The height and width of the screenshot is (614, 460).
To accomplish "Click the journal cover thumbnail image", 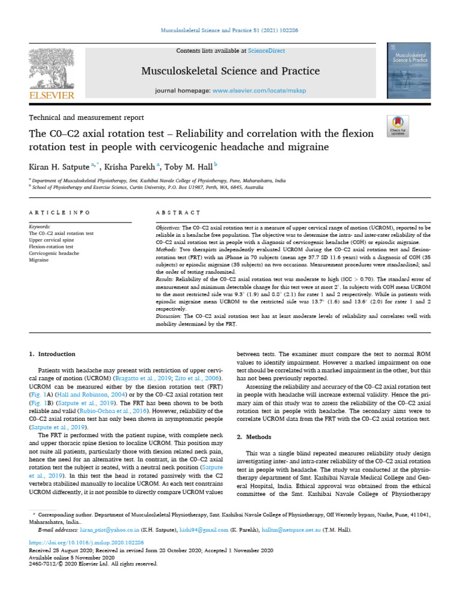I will tap(409, 75).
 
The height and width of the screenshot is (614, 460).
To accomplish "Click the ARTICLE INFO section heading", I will tap(59, 212).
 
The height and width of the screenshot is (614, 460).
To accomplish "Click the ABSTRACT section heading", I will tap(177, 212).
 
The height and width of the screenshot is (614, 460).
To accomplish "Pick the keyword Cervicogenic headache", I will tap(54, 254).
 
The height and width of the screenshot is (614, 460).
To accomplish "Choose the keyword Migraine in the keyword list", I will tap(40, 260).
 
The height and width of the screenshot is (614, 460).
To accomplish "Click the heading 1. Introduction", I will tap(53, 354).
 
